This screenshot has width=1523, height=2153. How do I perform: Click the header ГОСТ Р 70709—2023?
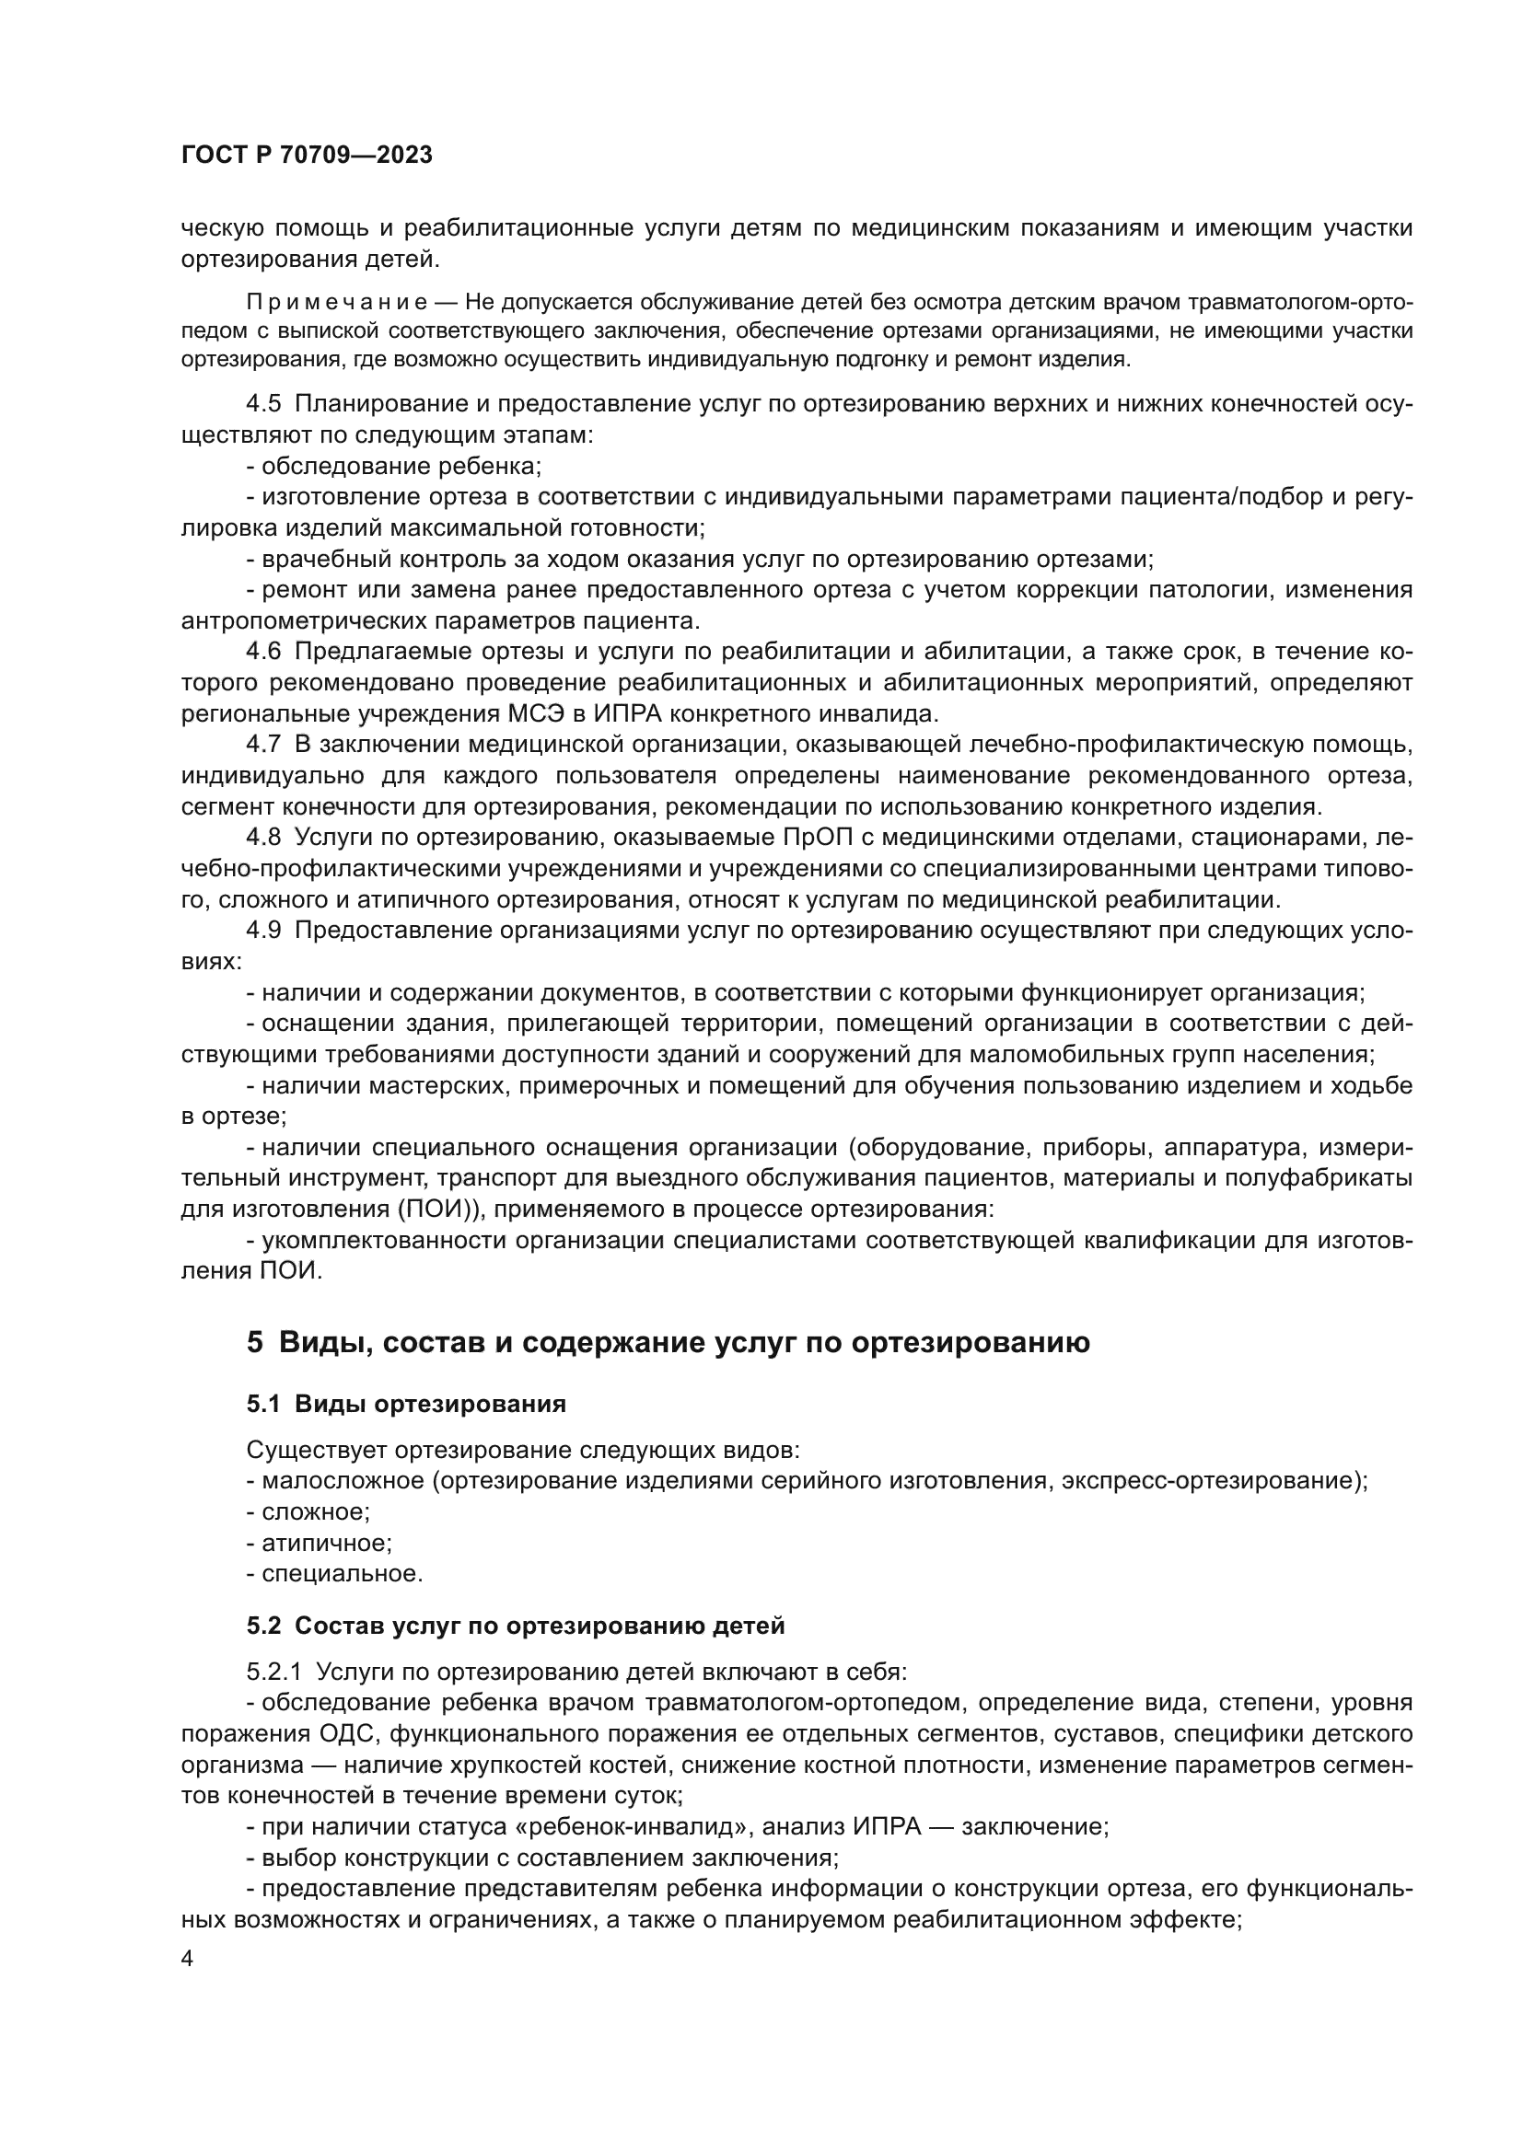tap(307, 156)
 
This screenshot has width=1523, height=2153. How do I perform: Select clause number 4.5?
tap(263, 404)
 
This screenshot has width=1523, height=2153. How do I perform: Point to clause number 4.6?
tap(263, 652)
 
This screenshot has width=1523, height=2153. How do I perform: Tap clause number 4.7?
tap(263, 745)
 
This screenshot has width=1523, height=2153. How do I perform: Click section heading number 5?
tap(255, 1343)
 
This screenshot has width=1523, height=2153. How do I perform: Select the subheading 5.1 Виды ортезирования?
tap(406, 1404)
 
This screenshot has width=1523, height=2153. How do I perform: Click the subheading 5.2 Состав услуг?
tap(515, 1625)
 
